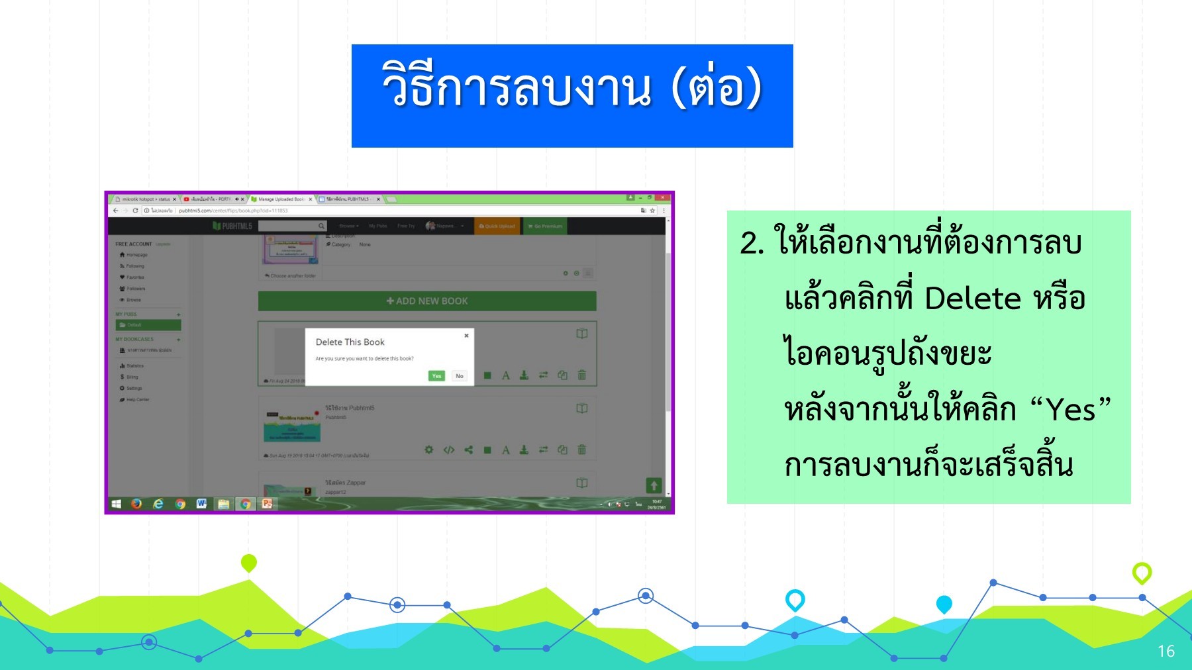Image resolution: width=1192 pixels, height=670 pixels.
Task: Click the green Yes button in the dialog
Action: click(x=436, y=376)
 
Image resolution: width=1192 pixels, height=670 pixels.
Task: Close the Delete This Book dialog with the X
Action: click(x=466, y=336)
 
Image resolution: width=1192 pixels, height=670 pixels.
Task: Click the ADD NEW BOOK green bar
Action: click(x=427, y=301)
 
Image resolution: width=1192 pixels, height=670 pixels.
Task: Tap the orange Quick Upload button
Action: click(x=497, y=226)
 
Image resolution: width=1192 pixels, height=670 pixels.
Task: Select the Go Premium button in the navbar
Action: click(x=545, y=226)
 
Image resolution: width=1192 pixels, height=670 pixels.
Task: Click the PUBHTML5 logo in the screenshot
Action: click(x=232, y=226)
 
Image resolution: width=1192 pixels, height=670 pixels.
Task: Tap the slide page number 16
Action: click(x=1166, y=651)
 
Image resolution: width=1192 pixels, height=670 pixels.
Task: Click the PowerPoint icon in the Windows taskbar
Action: click(x=267, y=504)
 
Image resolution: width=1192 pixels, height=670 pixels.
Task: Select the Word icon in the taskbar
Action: click(x=201, y=504)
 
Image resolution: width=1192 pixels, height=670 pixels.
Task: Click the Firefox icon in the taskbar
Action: click(x=136, y=504)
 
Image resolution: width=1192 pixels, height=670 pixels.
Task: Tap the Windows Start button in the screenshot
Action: click(x=117, y=504)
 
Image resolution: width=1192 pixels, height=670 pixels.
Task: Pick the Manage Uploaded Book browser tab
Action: click(x=281, y=199)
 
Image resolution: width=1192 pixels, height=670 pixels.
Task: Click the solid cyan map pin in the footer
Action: click(x=944, y=604)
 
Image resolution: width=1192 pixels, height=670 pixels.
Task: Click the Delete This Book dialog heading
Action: click(x=350, y=342)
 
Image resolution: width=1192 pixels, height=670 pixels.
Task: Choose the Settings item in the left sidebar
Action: click(x=134, y=389)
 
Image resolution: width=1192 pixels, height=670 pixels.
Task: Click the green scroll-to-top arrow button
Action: click(x=654, y=485)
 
